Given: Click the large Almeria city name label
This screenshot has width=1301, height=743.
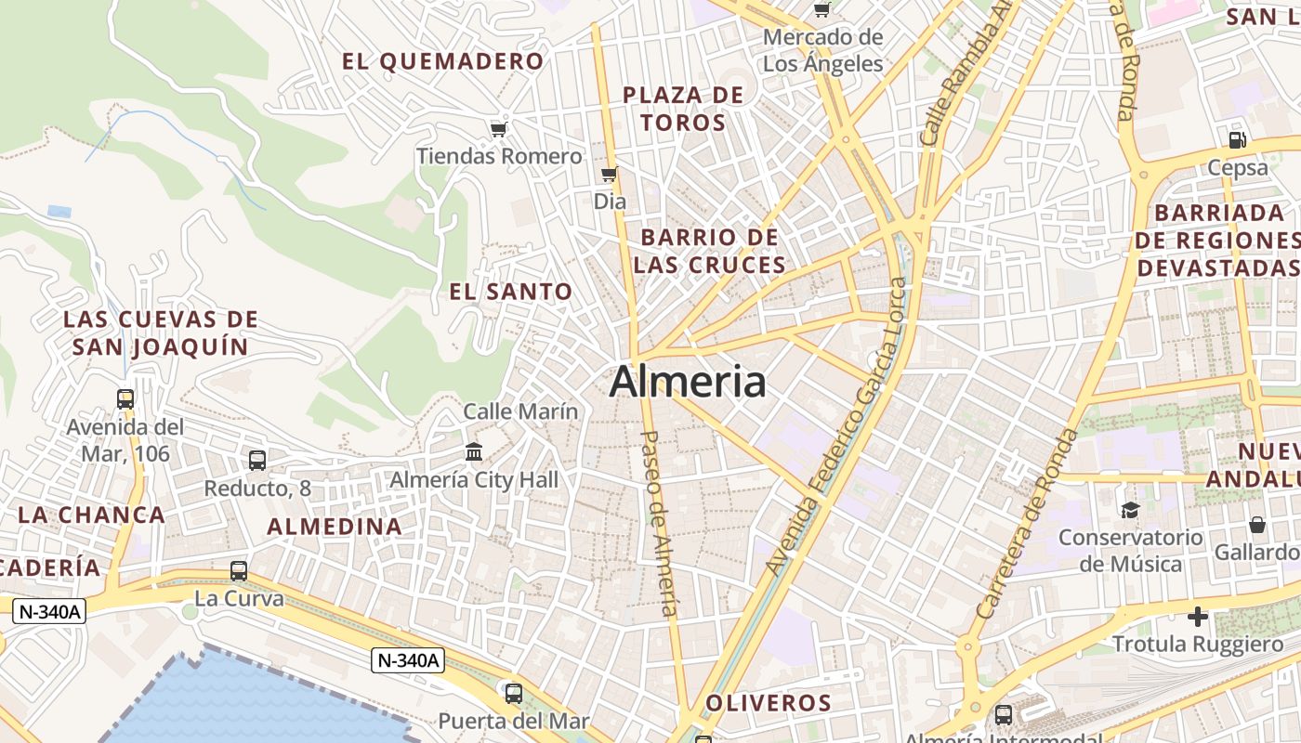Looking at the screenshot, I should pyautogui.click(x=688, y=382).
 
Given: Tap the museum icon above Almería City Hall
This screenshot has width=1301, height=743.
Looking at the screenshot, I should pyautogui.click(x=474, y=452).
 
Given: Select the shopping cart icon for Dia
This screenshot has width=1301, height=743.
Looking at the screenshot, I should pyautogui.click(x=610, y=175).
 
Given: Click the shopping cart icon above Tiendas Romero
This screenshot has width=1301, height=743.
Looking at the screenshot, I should pyautogui.click(x=499, y=129).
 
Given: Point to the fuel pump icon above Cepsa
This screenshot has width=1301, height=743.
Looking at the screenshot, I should pyautogui.click(x=1237, y=140).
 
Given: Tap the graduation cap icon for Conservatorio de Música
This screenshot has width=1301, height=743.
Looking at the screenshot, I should pyautogui.click(x=1130, y=510).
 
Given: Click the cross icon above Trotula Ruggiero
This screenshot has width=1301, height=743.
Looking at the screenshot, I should pyautogui.click(x=1198, y=616).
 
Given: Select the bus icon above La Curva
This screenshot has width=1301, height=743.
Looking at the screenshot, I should pyautogui.click(x=239, y=570).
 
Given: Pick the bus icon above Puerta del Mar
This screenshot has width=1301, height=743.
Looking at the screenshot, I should pyautogui.click(x=513, y=693).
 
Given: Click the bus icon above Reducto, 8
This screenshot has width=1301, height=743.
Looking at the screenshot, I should pyautogui.click(x=257, y=460).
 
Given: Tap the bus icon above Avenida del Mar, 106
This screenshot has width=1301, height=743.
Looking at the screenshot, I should pyautogui.click(x=125, y=399).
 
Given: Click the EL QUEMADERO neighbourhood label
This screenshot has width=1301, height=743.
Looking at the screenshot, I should pyautogui.click(x=442, y=62).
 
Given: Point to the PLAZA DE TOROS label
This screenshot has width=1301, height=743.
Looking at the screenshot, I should pyautogui.click(x=683, y=109).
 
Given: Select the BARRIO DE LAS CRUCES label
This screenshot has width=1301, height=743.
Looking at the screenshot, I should pyautogui.click(x=710, y=251).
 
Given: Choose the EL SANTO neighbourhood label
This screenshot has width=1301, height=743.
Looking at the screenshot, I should pyautogui.click(x=510, y=292).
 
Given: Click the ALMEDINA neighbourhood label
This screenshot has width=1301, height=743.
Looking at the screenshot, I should pyautogui.click(x=335, y=527).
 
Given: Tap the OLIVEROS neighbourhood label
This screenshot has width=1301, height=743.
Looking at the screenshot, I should pyautogui.click(x=768, y=703).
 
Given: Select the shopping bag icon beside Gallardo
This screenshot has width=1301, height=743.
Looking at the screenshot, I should pyautogui.click(x=1257, y=526).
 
